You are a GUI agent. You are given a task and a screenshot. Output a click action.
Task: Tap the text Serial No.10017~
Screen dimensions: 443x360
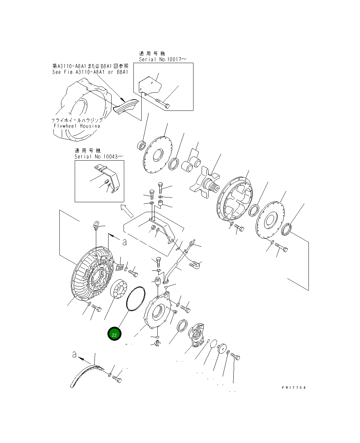[162, 59]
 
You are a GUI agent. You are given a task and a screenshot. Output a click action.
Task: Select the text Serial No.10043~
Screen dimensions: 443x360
[99, 157]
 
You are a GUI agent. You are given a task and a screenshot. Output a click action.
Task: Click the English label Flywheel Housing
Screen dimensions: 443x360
[77, 126]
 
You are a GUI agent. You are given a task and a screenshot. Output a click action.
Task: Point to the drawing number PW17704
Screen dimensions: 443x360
[294, 388]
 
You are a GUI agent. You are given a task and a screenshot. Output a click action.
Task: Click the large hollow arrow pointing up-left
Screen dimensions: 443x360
[127, 210]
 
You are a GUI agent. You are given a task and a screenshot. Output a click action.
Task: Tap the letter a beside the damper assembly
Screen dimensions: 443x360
[124, 242]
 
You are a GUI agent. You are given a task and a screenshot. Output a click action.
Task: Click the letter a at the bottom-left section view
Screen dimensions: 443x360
[74, 355]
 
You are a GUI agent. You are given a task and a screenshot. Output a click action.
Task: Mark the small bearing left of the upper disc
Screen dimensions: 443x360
[141, 145]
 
